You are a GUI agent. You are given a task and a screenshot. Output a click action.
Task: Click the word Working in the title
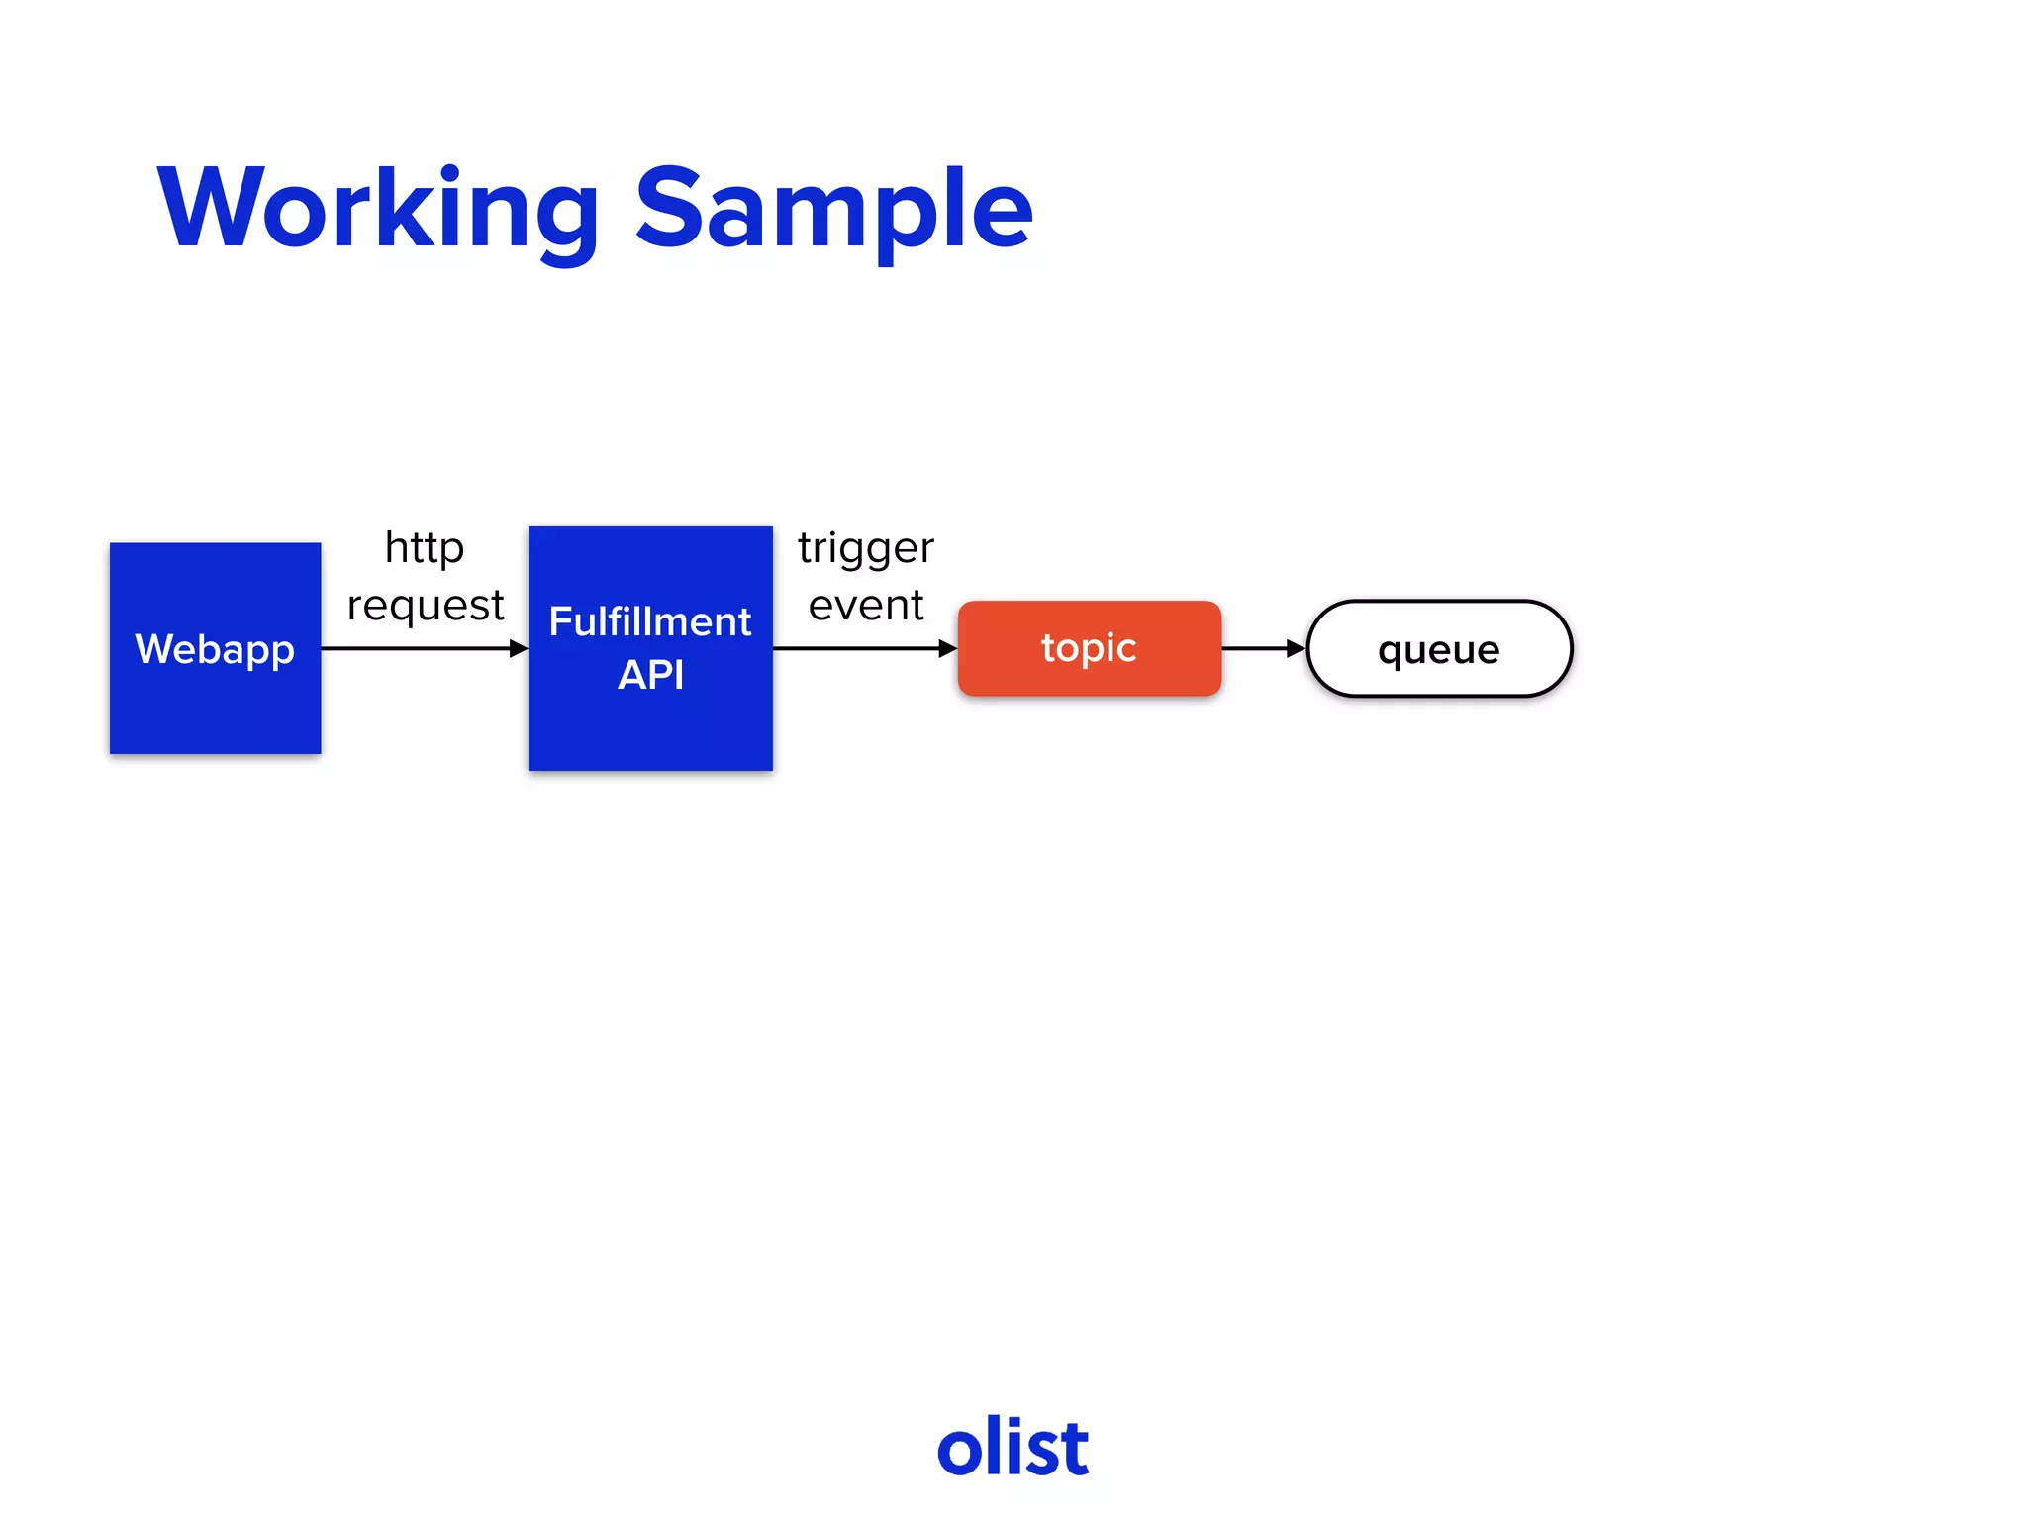[378, 210]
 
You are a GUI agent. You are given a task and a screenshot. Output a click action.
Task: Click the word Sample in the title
[833, 210]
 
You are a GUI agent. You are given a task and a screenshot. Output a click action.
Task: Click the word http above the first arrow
[425, 547]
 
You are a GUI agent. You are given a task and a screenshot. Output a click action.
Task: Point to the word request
[426, 605]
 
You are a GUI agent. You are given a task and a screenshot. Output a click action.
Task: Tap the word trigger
[865, 547]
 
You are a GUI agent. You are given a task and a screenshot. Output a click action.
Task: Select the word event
[865, 605]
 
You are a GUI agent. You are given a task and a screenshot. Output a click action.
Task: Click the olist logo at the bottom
[1013, 1447]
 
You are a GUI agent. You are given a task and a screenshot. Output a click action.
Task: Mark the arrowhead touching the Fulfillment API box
[519, 648]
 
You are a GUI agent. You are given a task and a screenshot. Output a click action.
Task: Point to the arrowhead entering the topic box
[947, 648]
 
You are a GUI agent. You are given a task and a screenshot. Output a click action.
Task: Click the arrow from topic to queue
[1262, 648]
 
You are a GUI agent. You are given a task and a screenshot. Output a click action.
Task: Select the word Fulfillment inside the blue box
[650, 621]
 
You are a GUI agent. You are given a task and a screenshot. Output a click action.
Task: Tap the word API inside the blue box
[650, 675]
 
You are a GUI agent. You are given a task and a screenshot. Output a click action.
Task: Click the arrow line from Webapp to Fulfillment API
[416, 648]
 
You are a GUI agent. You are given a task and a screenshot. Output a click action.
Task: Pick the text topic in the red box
[1089, 647]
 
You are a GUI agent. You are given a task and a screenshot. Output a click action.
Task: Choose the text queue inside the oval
[1438, 649]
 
